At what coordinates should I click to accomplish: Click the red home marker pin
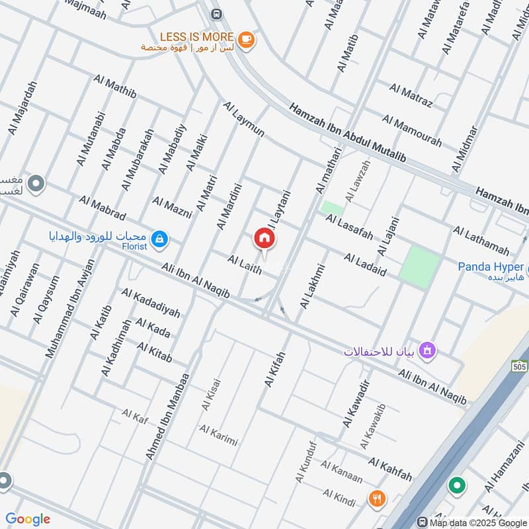pyautogui.click(x=264, y=239)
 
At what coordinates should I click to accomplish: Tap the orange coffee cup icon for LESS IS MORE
pyautogui.click(x=246, y=40)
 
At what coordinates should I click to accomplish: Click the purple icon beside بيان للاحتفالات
pyautogui.click(x=428, y=349)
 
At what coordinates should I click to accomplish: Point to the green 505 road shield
pyautogui.click(x=519, y=366)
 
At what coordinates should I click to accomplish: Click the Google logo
pyautogui.click(x=28, y=518)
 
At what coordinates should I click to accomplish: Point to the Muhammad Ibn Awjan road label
pyautogui.click(x=71, y=309)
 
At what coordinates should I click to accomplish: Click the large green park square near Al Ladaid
pyautogui.click(x=423, y=266)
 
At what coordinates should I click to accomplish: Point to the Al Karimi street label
pyautogui.click(x=218, y=436)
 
